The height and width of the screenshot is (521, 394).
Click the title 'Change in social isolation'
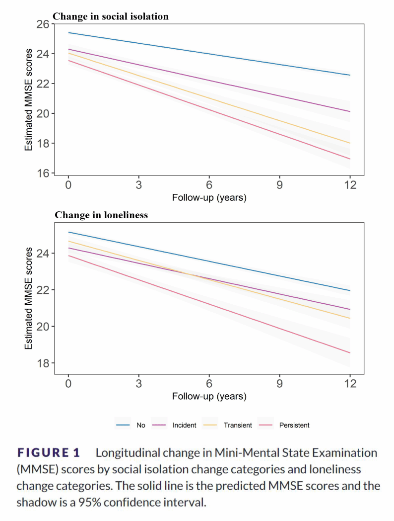point(110,16)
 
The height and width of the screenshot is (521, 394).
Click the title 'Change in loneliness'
point(101,215)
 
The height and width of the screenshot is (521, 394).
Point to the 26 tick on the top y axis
point(44,24)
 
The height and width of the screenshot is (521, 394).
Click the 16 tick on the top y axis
point(44,174)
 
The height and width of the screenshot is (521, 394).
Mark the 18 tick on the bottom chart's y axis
point(44,363)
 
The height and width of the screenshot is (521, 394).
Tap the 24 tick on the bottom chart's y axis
point(44,254)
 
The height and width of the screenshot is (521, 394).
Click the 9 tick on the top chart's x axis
point(279,185)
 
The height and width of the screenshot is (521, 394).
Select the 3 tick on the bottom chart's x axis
point(139,384)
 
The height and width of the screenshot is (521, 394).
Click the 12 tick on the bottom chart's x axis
point(350,384)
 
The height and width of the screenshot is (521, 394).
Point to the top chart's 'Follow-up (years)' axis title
point(209,197)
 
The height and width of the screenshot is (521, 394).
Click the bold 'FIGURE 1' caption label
point(49,453)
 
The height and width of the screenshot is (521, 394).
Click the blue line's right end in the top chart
point(350,75)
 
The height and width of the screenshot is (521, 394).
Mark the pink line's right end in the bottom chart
point(350,353)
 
